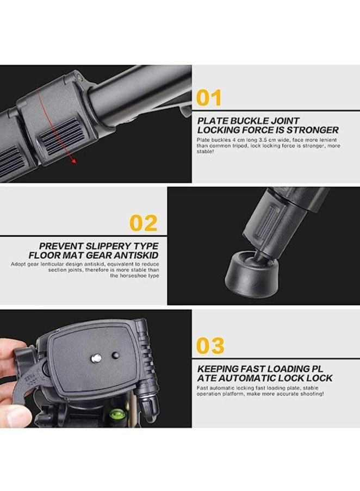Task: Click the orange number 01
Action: coord(209,98)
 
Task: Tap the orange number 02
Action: coord(143,223)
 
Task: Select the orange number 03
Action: coord(210,346)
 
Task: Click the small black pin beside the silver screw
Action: coord(115,355)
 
